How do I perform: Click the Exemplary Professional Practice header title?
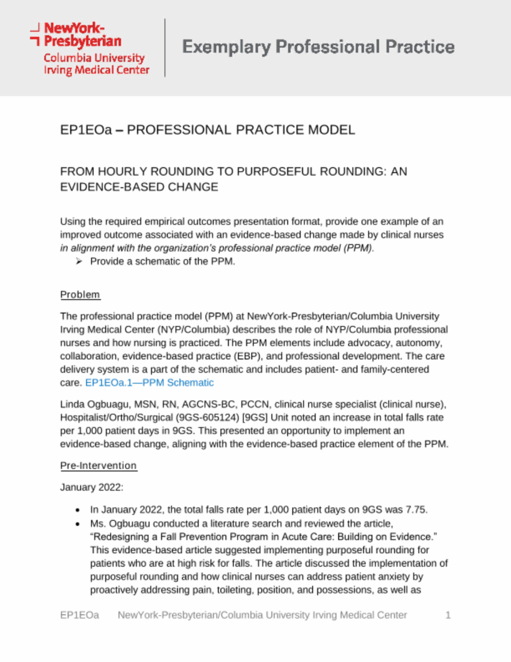pyautogui.click(x=318, y=47)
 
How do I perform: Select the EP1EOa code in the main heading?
pyautogui.click(x=86, y=130)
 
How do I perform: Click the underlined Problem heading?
pyautogui.click(x=80, y=295)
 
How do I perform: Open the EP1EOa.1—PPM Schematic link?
pyautogui.click(x=149, y=383)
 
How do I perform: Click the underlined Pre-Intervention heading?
pyautogui.click(x=98, y=466)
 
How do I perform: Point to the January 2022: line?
pyautogui.click(x=91, y=487)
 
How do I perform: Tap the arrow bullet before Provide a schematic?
pyautogui.click(x=79, y=261)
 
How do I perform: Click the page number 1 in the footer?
pyautogui.click(x=448, y=615)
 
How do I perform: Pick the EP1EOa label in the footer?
pyautogui.click(x=79, y=615)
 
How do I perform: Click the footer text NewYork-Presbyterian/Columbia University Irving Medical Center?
pyautogui.click(x=262, y=615)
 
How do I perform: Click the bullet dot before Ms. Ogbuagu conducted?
pyautogui.click(x=78, y=524)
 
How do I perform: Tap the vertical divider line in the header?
pyautogui.click(x=165, y=47)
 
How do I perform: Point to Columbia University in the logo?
pyautogui.click(x=94, y=58)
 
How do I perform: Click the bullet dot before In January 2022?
pyautogui.click(x=78, y=510)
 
